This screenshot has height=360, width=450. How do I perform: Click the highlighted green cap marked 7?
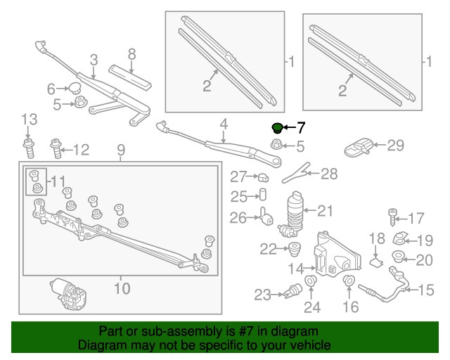(x=277, y=127)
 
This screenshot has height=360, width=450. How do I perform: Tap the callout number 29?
(x=396, y=146)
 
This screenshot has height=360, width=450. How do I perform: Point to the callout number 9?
(x=120, y=149)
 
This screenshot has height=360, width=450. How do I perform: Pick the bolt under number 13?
(x=28, y=148)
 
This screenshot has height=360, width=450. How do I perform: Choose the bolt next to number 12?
(x=56, y=148)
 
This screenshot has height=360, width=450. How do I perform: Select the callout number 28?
(x=329, y=174)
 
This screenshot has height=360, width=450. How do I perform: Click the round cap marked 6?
(x=75, y=88)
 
